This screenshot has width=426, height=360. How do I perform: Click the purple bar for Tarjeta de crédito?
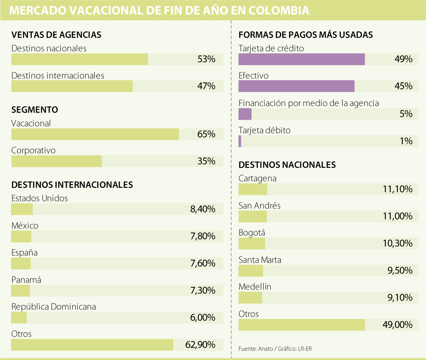tap(301, 59)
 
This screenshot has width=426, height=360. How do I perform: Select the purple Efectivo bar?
tap(296, 86)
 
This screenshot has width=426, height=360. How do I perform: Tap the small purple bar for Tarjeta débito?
tap(240, 141)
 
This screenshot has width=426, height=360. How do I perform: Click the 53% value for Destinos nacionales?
tap(206, 59)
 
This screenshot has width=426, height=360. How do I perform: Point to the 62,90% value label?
tap(200, 345)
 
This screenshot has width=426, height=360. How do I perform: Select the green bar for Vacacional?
tap(95, 134)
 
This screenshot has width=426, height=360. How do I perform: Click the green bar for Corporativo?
tap(56, 161)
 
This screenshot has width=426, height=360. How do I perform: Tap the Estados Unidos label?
tap(39, 198)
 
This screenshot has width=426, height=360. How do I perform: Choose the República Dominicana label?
tap(54, 307)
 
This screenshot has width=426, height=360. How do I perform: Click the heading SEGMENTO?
tap(35, 110)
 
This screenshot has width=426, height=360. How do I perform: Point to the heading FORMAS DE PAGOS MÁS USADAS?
tap(306, 35)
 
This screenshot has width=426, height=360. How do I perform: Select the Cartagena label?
tap(257, 178)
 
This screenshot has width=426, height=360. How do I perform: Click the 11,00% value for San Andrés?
tap(398, 216)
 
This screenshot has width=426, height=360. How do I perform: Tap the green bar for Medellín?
tap(250, 298)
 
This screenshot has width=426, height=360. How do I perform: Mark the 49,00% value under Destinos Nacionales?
tap(398, 325)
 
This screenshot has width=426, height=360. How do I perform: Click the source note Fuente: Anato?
tap(256, 349)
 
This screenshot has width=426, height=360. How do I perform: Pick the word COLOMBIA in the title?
tap(279, 10)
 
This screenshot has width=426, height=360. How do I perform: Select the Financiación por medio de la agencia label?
tap(308, 103)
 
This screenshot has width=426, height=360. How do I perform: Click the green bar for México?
tap(21, 236)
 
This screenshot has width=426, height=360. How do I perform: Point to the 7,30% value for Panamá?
tap(203, 290)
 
